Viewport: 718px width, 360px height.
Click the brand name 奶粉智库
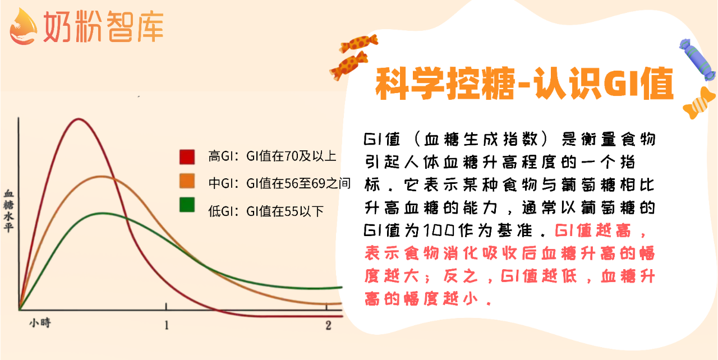pos(104,26)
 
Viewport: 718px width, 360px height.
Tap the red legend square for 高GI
pos(187,157)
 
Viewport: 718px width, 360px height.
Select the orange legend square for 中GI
pos(187,181)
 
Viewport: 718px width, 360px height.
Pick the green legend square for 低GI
pos(187,205)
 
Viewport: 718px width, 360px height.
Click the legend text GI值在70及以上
pos(291,156)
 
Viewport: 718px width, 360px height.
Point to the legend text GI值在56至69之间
pos(298,183)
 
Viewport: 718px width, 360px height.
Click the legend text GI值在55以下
pos(284,211)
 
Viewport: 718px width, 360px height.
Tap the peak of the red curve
pos(79,119)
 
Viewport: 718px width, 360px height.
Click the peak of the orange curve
pos(102,176)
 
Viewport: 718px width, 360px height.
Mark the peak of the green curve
pos(102,213)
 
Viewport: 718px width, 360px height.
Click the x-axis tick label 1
pos(167,325)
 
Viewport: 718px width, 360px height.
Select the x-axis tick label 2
pos(328,325)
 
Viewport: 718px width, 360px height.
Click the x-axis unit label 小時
pos(40,322)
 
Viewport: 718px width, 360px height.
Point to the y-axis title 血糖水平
pos(8,210)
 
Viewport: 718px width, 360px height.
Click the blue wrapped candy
pos(697,59)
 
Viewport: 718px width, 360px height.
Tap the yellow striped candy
pos(699,103)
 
